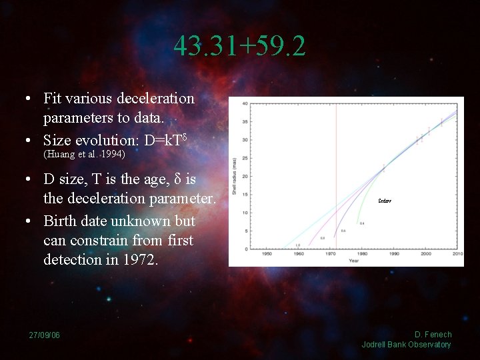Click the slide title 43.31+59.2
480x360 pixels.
coord(240,46)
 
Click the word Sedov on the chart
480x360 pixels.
coord(385,201)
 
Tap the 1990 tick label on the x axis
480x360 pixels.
coord(395,254)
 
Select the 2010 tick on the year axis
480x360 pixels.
coord(458,254)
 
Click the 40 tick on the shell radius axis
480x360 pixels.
coord(245,103)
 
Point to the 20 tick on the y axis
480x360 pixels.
coord(245,177)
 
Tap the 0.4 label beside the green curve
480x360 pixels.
coord(362,223)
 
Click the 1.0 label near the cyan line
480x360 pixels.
coord(297,245)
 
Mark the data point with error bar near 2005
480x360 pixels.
coord(441,122)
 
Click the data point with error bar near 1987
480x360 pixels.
coord(383,168)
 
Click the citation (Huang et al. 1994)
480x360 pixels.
coord(84,154)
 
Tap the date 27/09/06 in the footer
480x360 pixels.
coord(44,335)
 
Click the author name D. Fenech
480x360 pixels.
coord(433,335)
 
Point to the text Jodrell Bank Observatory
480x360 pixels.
coord(406,345)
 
